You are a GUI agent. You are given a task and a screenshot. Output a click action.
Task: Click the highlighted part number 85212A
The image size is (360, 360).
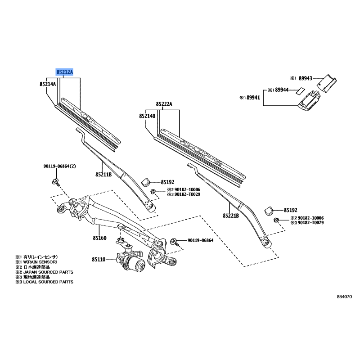click(65, 72)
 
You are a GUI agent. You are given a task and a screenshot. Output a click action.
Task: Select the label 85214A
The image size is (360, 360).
click(48, 84)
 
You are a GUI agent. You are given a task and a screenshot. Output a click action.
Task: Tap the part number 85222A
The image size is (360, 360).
click(164, 104)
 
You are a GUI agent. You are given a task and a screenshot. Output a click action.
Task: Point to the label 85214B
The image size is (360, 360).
click(147, 116)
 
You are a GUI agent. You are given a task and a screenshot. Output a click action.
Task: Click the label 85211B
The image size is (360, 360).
click(103, 175)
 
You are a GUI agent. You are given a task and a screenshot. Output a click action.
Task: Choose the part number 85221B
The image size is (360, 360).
click(231, 216)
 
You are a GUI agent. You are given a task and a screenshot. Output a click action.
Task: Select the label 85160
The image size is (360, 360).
click(99, 238)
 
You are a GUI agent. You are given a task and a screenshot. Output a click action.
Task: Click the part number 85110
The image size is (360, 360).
click(99, 260)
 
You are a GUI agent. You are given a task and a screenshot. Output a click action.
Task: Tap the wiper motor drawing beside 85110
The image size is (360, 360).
click(130, 259)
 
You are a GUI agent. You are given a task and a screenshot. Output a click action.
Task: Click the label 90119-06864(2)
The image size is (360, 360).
click(60, 166)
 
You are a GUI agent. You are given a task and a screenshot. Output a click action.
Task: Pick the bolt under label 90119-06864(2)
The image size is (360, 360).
click(56, 182)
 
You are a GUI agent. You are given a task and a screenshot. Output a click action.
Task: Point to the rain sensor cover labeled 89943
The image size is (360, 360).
click(327, 83)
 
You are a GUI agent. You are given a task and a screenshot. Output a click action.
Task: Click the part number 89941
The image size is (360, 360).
click(253, 98)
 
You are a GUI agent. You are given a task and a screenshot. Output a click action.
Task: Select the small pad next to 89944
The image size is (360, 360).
click(299, 91)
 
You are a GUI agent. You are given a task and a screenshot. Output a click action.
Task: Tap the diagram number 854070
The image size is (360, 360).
click(344, 297)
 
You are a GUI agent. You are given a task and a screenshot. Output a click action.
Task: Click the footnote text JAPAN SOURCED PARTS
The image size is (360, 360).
click(48, 272)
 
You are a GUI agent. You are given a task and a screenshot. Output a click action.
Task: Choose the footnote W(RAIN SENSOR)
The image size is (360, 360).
click(40, 262)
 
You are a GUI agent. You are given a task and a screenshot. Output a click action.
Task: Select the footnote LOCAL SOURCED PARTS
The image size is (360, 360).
click(48, 282)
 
